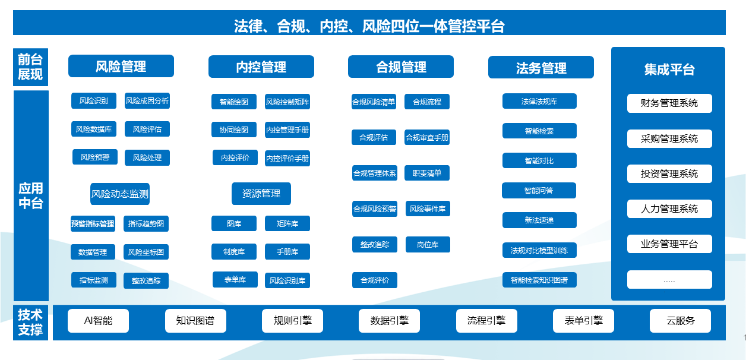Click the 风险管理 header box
tap(121, 66)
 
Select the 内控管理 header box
tap(261, 67)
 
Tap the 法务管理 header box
tap(541, 67)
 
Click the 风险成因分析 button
tap(147, 100)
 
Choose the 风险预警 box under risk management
tap(95, 157)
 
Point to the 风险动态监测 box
tap(120, 194)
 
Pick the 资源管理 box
tap(261, 194)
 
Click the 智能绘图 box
tap(234, 102)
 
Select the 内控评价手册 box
tap(287, 158)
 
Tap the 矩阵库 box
tap(287, 223)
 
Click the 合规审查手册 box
tap(427, 137)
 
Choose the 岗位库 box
tap(428, 244)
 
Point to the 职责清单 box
tap(427, 173)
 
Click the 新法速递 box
tap(539, 220)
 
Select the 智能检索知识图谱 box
tap(539, 280)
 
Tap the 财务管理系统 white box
tap(669, 103)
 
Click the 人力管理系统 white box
tap(669, 209)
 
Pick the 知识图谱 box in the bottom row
tap(195, 321)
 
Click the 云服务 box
tap(680, 321)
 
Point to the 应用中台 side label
tap(31, 196)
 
